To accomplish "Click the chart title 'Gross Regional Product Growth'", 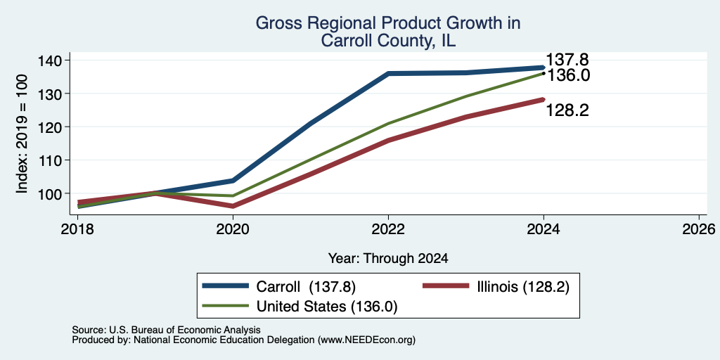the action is (388, 23).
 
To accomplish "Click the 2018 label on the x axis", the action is (77, 229).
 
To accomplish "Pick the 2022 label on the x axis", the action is (388, 229).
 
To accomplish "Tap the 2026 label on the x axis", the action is (700, 229).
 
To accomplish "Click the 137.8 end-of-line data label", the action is (567, 60).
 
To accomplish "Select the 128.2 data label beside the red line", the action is (567, 110).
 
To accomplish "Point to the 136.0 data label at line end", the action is (567, 75).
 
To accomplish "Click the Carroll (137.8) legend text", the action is (307, 287).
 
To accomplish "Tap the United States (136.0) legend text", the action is (326, 307).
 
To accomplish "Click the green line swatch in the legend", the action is (226, 306).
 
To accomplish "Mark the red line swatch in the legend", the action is (445, 286).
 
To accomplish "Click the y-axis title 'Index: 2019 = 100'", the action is (22, 134).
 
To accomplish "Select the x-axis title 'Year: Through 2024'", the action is (388, 259).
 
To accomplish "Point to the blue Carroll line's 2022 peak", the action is (388, 73).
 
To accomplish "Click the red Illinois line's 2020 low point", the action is (233, 206).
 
